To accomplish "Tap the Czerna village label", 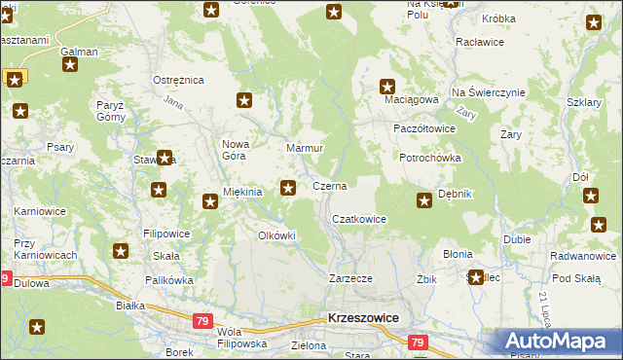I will [329, 185].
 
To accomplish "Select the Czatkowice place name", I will [359, 220].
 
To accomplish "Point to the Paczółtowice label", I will [424, 127].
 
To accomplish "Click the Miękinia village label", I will [243, 193].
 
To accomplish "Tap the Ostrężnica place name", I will [176, 80].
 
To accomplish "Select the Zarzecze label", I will [351, 278].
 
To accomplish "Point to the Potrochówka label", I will [429, 158].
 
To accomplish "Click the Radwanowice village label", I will [583, 257].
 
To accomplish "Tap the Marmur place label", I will [304, 148].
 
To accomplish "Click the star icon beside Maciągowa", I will [387, 86].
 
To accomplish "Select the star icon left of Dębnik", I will [424, 201].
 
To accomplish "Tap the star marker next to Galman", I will [70, 65].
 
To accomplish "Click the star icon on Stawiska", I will [165, 158].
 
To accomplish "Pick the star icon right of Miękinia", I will [288, 187].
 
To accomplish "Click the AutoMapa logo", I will [557, 342].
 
